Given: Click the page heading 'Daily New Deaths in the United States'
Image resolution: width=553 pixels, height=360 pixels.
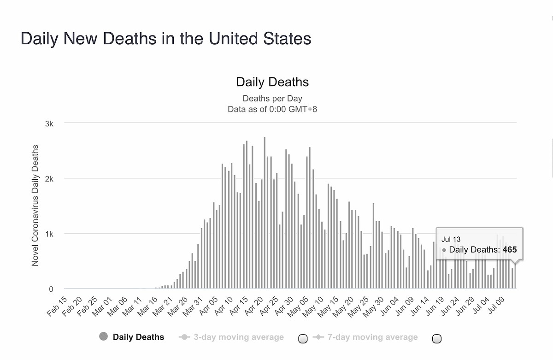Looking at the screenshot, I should [x=166, y=39].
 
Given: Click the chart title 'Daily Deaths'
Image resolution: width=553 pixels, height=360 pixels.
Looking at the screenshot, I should [x=272, y=82].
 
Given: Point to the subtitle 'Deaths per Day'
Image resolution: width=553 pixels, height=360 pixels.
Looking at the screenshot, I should [x=272, y=98].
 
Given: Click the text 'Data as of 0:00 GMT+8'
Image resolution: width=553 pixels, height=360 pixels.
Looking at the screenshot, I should [x=272, y=109].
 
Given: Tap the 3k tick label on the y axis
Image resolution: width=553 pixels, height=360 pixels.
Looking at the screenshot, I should [x=49, y=124].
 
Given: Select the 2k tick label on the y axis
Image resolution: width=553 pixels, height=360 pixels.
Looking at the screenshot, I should [x=49, y=179].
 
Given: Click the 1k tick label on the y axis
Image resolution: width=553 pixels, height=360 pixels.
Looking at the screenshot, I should [x=49, y=234].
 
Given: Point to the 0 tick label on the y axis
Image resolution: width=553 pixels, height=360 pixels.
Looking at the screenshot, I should [x=51, y=289].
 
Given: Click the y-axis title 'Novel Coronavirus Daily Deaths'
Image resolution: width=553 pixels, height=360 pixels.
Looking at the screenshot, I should [x=35, y=205].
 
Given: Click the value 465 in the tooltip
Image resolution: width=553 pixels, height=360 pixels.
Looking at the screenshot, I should [x=510, y=250].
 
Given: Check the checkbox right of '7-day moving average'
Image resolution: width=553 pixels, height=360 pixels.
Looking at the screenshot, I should [x=437, y=339].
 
